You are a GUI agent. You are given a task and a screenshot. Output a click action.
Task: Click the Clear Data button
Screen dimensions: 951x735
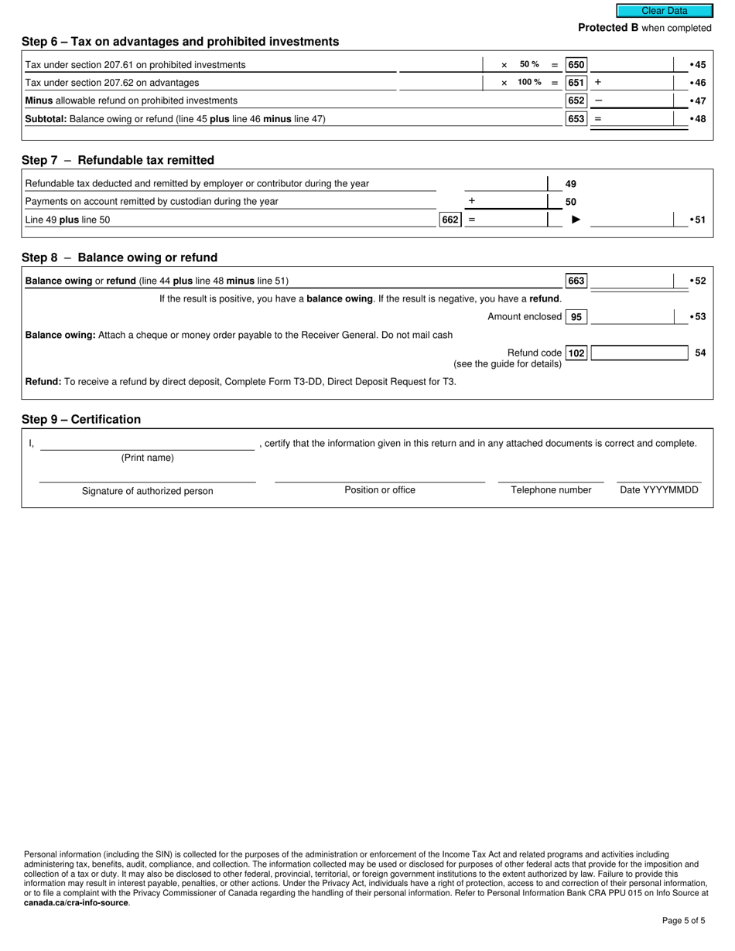[x=664, y=11]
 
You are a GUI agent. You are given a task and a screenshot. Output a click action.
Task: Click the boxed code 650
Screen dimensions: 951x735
[x=576, y=65]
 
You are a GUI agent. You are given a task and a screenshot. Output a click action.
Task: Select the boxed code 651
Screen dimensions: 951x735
[x=576, y=83]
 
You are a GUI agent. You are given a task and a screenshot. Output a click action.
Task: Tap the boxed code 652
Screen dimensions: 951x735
[x=576, y=101]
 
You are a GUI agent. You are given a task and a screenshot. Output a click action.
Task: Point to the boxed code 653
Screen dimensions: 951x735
[x=576, y=119]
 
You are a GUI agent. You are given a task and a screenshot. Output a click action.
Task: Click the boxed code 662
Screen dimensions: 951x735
[x=450, y=220]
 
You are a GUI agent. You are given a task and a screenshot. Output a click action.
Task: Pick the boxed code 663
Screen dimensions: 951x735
[x=576, y=281]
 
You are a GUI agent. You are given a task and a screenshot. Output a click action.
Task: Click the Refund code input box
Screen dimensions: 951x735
[x=639, y=353]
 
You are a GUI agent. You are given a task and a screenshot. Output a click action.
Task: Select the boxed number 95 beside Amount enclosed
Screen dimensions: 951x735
[x=576, y=317]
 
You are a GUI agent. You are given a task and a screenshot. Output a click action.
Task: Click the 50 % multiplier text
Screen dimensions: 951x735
[x=529, y=65]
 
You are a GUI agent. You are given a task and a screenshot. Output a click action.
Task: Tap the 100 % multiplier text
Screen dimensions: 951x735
[x=529, y=83]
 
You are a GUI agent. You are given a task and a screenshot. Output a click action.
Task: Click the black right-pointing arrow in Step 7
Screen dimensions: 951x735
[x=576, y=220]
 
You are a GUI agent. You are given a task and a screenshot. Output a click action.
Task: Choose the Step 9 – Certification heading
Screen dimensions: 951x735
[x=81, y=420]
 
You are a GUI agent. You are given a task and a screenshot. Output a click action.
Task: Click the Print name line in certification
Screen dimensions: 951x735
[x=147, y=445]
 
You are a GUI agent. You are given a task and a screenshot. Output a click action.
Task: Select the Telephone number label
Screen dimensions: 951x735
[x=551, y=490]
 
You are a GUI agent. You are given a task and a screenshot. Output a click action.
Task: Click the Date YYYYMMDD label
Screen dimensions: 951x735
[x=658, y=490]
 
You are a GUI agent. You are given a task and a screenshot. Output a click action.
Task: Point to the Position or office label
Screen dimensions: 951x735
[x=380, y=490]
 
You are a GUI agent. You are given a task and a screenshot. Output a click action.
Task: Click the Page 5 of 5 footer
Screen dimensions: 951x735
[x=683, y=920]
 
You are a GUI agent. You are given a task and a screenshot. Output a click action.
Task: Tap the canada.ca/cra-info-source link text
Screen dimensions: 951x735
[x=76, y=902]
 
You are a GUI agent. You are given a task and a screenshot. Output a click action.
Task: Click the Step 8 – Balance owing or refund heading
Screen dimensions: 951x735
[x=119, y=257]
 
